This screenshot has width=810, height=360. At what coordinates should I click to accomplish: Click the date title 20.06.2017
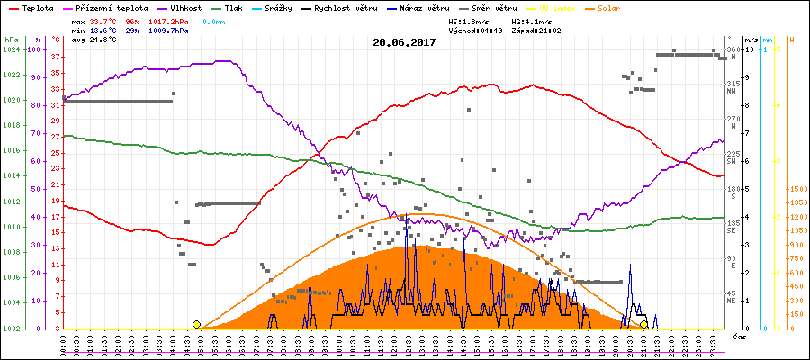click(405, 42)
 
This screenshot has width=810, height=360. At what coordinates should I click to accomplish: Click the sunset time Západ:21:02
click(536, 30)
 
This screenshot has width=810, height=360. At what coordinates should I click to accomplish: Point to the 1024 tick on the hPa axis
click(12, 49)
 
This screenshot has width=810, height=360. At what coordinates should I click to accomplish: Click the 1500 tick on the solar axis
click(797, 190)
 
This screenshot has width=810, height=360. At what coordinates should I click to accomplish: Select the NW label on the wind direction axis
click(733, 90)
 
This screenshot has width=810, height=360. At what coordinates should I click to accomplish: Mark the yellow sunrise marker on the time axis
click(196, 324)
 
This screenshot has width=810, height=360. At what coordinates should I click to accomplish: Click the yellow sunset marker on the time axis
click(643, 324)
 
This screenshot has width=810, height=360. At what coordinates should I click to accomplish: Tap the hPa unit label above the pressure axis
click(11, 40)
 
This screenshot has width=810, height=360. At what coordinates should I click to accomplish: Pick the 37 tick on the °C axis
click(56, 57)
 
